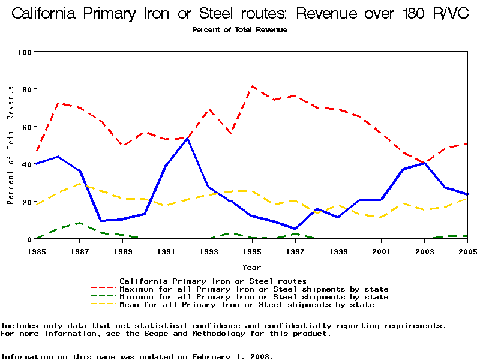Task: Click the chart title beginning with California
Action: (x=240, y=14)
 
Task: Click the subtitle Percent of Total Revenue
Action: (x=240, y=29)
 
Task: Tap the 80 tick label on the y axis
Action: (x=26, y=89)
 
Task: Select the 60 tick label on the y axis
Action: (x=26, y=127)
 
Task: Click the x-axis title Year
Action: (x=251, y=267)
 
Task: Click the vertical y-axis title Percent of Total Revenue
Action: (x=10, y=145)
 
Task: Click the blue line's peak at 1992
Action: (x=188, y=139)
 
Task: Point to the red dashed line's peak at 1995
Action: (x=253, y=86)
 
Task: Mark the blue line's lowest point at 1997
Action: (x=296, y=229)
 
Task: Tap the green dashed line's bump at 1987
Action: (x=80, y=223)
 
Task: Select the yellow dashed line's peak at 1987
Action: (x=80, y=183)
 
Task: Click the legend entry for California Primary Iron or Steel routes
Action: (x=213, y=281)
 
